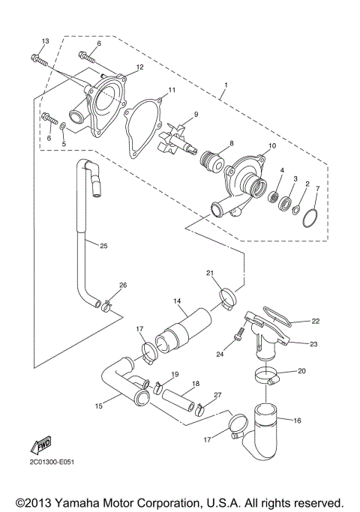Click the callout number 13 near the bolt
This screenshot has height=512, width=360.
(x=45, y=40)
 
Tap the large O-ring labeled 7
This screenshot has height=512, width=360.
(x=309, y=217)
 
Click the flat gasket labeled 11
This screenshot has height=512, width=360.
(x=143, y=132)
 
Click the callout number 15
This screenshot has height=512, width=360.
(x=99, y=406)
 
